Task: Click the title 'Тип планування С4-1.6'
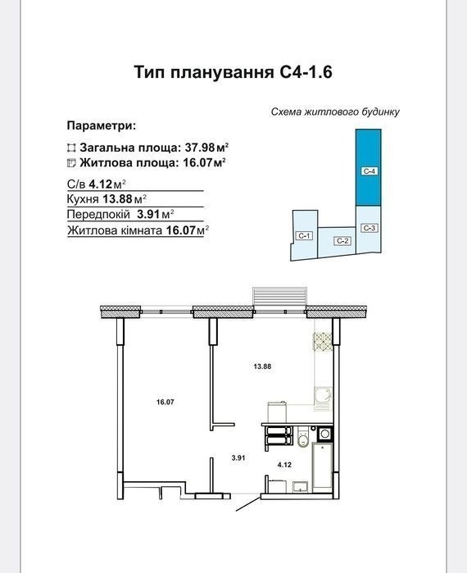(233, 72)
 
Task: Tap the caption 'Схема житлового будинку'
(335, 111)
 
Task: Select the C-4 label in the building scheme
(370, 171)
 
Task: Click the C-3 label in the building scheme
(370, 228)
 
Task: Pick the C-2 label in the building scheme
(342, 241)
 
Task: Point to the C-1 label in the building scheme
(304, 236)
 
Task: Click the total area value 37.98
(200, 148)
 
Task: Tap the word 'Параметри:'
(102, 126)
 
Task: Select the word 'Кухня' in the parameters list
(83, 199)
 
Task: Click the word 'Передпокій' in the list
(98, 215)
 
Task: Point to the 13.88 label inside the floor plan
(262, 366)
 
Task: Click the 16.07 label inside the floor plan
(165, 402)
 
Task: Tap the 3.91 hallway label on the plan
(238, 457)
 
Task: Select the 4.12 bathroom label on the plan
(284, 465)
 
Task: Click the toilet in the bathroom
(303, 437)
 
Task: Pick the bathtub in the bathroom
(323, 467)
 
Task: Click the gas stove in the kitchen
(323, 343)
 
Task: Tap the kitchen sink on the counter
(323, 398)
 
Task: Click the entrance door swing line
(248, 503)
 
